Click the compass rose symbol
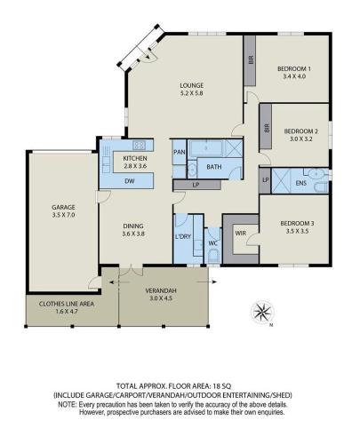(x=262, y=312)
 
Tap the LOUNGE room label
(x=192, y=85)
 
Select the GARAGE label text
(x=63, y=207)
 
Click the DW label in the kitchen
(x=130, y=181)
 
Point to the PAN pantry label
(x=180, y=152)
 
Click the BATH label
(x=214, y=167)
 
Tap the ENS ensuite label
(x=301, y=183)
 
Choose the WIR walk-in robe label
(x=241, y=234)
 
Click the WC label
(x=213, y=243)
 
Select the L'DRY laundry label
(x=183, y=236)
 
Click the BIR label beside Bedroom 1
(x=252, y=60)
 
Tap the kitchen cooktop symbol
(x=139, y=145)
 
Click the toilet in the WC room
(x=213, y=257)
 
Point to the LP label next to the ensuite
(x=266, y=179)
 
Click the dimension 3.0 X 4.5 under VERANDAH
(x=161, y=298)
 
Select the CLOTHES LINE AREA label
(x=67, y=304)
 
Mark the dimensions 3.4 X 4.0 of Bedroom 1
(x=294, y=76)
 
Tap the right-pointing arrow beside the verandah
(x=206, y=282)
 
